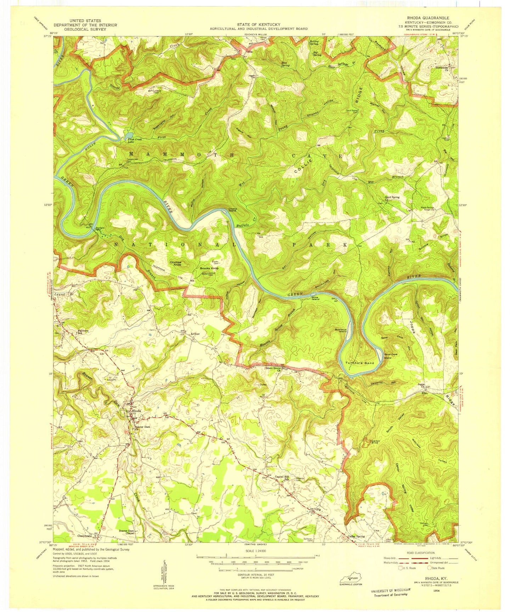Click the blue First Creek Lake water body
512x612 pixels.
[129, 135]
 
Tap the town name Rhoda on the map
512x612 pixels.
[136, 411]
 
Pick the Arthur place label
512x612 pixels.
[195, 334]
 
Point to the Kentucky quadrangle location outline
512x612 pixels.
[351, 579]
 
